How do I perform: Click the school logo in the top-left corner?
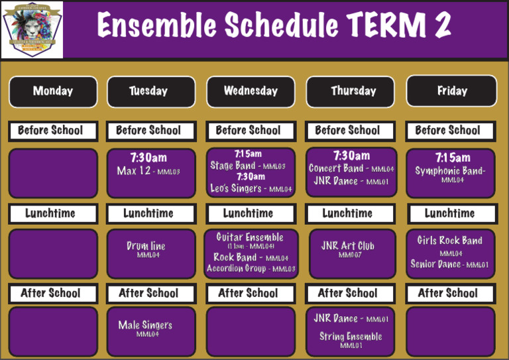[32, 29]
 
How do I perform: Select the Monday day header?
[53, 91]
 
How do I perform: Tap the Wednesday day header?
[251, 91]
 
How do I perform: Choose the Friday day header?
[451, 91]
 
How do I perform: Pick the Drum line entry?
[146, 246]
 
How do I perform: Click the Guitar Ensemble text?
[249, 237]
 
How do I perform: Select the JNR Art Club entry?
[348, 246]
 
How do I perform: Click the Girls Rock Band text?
[450, 241]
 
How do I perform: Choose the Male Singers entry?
[145, 325]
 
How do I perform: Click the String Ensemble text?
[351, 336]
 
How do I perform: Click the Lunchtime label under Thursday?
[348, 213]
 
